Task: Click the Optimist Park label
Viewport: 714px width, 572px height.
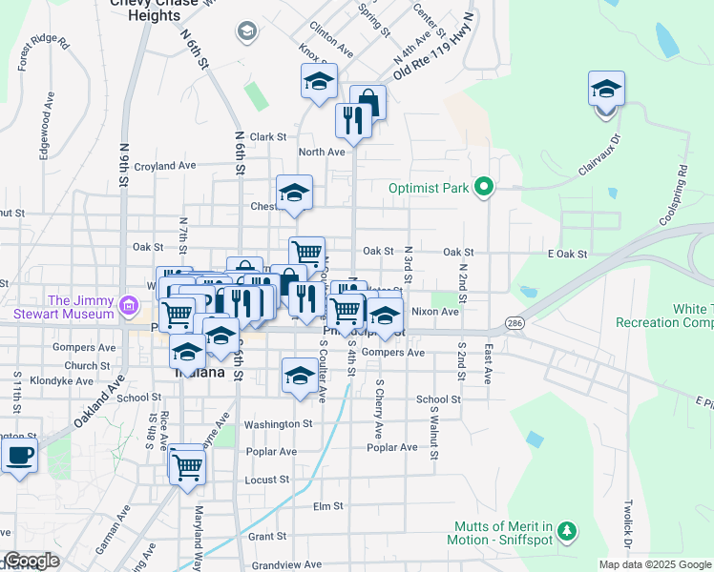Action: point(429,188)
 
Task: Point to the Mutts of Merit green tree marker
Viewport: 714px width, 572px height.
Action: point(567,531)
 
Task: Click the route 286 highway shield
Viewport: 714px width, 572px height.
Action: point(514,324)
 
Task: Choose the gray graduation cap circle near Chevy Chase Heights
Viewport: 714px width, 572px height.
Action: point(247,33)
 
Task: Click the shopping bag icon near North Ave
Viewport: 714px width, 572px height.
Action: point(367,103)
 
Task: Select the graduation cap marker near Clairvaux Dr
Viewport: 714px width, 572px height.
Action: point(606,89)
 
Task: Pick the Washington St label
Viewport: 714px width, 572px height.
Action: point(278,423)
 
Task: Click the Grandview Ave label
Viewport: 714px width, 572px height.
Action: point(284,564)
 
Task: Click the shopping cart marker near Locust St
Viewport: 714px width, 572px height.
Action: point(188,465)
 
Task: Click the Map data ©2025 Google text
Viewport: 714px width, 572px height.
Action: point(654,564)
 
